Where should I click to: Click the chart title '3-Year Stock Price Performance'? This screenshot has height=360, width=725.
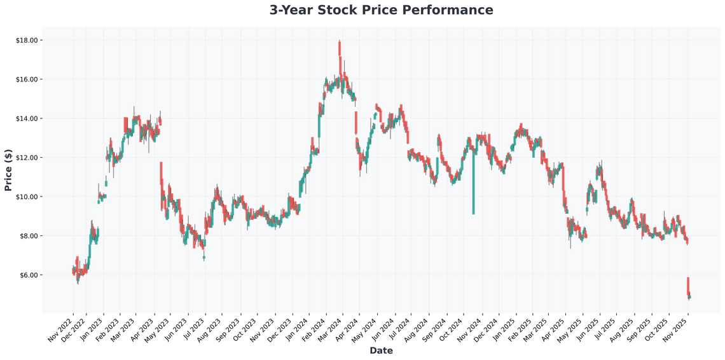(x=381, y=10)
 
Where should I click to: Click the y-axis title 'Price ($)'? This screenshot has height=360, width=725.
(x=8, y=169)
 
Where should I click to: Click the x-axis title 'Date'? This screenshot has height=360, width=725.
(x=381, y=350)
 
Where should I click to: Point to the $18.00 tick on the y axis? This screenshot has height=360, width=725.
(x=28, y=40)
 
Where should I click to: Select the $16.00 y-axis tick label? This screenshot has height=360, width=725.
(x=28, y=80)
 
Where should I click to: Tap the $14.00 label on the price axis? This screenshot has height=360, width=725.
(x=28, y=119)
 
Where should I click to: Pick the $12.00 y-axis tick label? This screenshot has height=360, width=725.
(x=28, y=158)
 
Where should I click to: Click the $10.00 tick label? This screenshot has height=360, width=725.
(x=28, y=197)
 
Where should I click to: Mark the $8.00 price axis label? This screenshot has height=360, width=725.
(x=30, y=236)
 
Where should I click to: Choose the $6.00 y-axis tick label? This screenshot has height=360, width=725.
(x=30, y=275)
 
